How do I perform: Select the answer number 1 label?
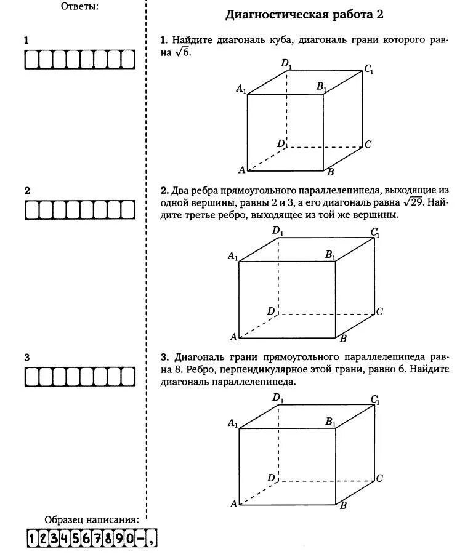click(26, 41)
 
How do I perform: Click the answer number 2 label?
click(26, 191)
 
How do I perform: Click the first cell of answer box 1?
click(31, 60)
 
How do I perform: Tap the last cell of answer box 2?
click(127, 210)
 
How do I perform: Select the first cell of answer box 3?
click(31, 377)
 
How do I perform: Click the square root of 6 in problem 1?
click(183, 53)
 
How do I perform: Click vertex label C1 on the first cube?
click(369, 70)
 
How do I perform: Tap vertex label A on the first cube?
click(242, 170)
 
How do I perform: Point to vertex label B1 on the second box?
click(330, 254)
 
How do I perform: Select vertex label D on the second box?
click(270, 311)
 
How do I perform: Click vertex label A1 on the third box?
click(233, 423)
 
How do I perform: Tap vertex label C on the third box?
click(379, 478)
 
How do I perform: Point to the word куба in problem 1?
click(289, 40)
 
